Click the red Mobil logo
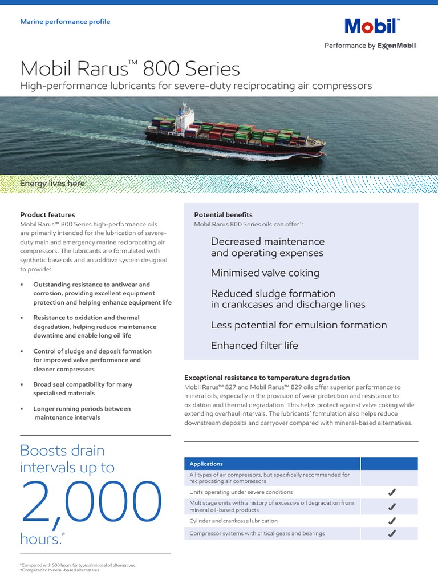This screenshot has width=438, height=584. click(x=371, y=27)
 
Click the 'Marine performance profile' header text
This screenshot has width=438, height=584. click(x=65, y=22)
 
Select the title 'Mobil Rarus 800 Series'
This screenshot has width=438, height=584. click(x=130, y=69)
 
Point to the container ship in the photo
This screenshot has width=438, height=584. click(x=234, y=134)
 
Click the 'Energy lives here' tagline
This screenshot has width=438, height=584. click(x=52, y=184)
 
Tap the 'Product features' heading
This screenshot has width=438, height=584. click(x=47, y=215)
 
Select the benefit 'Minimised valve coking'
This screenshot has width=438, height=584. click(x=265, y=273)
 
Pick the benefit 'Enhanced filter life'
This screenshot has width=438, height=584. click(x=254, y=346)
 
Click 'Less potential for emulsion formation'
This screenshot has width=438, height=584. click(x=299, y=325)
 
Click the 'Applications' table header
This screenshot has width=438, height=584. click(x=206, y=464)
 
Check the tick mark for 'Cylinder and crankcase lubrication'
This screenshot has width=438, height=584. click(x=391, y=521)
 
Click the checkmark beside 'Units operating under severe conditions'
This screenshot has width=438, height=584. click(x=391, y=492)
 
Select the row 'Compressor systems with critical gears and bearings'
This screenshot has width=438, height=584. click(x=257, y=533)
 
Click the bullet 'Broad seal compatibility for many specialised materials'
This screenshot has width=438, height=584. click(x=83, y=389)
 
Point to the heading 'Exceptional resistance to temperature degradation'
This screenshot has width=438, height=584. click(x=267, y=378)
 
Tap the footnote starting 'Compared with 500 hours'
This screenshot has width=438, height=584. click(x=78, y=565)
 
